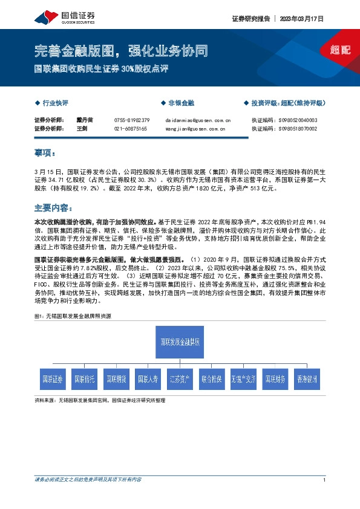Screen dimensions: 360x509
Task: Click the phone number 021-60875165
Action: [131, 129]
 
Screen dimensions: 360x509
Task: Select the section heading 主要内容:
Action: [52, 207]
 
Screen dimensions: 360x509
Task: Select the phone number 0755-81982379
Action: [132, 120]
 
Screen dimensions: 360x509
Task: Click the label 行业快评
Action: [58, 103]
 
